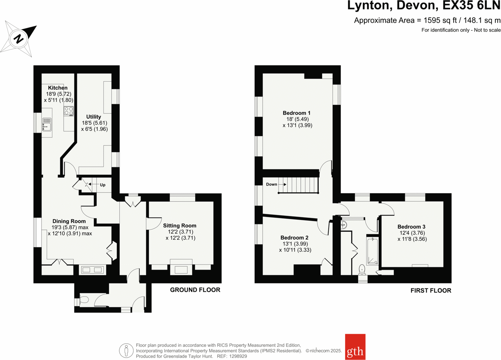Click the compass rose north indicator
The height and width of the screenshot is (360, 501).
[19, 38]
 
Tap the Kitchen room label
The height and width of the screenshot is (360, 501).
[57, 88]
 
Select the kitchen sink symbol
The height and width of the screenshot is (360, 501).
[47, 124]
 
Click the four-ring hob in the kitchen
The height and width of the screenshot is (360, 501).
[69, 111]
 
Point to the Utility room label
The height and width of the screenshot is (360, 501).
[94, 117]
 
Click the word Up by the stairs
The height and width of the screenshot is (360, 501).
[103, 185]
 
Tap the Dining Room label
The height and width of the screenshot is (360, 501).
[69, 221]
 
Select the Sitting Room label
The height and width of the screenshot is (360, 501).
[180, 226]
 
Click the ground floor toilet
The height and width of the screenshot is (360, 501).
[83, 300]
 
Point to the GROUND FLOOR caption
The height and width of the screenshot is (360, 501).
[195, 290]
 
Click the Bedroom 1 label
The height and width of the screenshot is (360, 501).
[297, 113]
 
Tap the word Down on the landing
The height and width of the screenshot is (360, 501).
[272, 184]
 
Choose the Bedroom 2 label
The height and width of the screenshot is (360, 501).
[294, 238]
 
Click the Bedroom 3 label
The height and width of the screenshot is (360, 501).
[411, 227]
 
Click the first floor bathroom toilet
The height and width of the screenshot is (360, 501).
[362, 269]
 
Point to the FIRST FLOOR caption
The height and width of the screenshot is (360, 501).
[431, 290]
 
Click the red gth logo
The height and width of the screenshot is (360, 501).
[355, 347]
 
